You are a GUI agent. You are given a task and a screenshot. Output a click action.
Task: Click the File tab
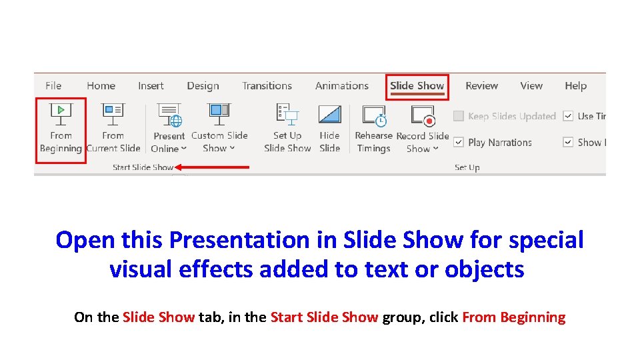click(53, 85)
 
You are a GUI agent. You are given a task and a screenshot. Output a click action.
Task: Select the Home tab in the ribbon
click(101, 85)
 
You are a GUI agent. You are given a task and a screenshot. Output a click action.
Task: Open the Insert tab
click(151, 85)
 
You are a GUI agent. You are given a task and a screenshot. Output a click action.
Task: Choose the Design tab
click(203, 85)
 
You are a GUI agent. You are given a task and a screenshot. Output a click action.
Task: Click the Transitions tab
click(267, 85)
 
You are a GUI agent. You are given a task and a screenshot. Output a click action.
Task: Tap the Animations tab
click(341, 85)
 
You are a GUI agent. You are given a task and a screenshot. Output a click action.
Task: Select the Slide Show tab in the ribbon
click(417, 85)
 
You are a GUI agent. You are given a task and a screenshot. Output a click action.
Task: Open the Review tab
click(481, 85)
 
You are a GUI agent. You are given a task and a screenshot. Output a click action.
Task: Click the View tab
click(531, 85)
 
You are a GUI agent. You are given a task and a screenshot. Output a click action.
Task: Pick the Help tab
click(575, 85)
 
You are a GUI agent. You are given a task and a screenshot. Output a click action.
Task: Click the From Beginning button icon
click(61, 113)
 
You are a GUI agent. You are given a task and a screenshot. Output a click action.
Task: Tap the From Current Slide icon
click(113, 113)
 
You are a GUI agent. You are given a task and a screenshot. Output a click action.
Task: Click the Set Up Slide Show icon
click(287, 115)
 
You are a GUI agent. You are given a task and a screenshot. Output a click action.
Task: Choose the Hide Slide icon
click(329, 115)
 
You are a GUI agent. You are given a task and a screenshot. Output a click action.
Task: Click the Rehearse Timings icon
click(373, 115)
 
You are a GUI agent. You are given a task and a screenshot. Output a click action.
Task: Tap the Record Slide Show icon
click(423, 115)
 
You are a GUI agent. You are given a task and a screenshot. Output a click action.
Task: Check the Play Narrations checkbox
click(459, 142)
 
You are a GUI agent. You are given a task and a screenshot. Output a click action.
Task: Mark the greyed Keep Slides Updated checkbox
click(459, 116)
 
